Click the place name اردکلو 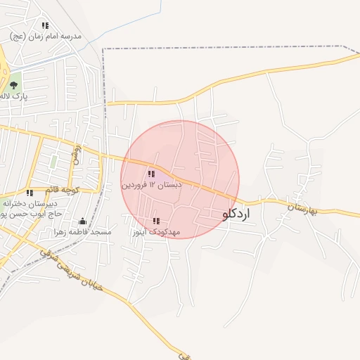click(x=236, y=214)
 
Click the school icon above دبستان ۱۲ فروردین click(x=151, y=174)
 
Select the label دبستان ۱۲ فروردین click(x=151, y=184)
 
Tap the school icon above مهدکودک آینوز click(x=155, y=221)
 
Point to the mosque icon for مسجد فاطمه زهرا click(x=83, y=221)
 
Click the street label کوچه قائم click(x=63, y=189)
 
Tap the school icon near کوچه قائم click(x=30, y=193)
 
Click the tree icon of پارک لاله click(x=13, y=85)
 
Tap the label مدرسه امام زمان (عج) click(x=46, y=35)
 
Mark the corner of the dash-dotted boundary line click(x=103, y=49)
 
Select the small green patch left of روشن click(x=53, y=162)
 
